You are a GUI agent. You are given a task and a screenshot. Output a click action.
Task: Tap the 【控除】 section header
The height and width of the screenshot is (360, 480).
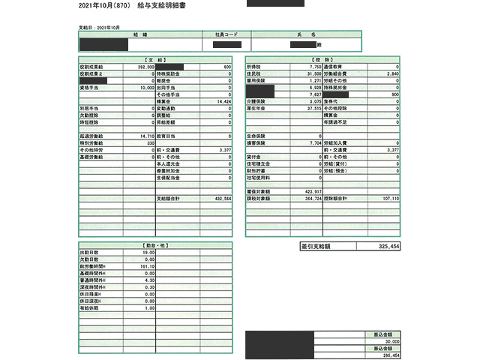(322, 58)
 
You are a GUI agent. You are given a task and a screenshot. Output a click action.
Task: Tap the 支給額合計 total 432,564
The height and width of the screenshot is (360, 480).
(223, 199)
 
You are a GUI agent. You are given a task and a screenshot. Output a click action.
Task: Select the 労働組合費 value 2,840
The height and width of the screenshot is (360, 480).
(391, 73)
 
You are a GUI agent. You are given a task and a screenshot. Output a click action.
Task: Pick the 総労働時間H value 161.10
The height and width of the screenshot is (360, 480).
(146, 266)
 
